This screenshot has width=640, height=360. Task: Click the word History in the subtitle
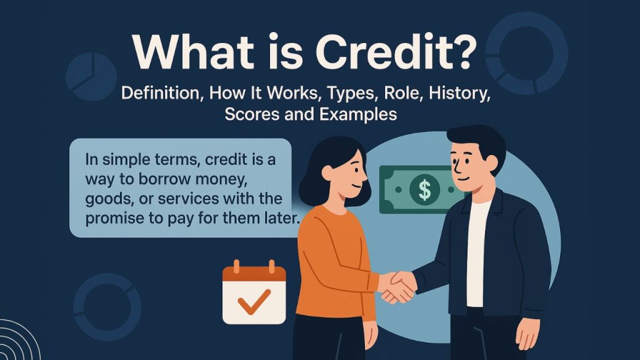(491, 94)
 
